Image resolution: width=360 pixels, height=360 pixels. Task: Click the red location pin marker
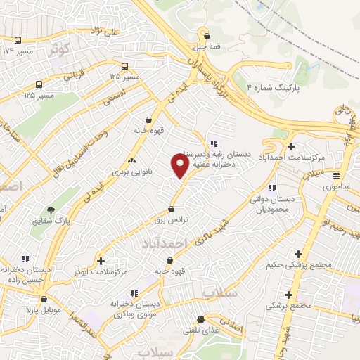180,165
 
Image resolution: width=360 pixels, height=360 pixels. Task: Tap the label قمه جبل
206,47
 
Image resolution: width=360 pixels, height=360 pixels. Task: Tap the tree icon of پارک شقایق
51,210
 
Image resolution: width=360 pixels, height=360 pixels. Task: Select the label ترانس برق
172,220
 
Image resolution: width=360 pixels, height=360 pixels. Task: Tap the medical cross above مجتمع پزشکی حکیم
299,254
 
